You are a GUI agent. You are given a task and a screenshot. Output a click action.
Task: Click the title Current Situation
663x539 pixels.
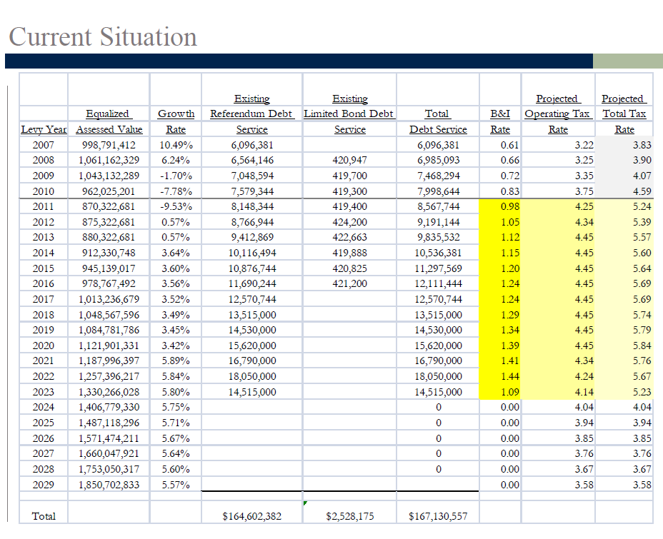[103, 36]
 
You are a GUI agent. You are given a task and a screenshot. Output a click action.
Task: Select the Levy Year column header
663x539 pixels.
[44, 129]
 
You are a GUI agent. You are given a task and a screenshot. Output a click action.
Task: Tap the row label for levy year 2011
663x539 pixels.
[43, 206]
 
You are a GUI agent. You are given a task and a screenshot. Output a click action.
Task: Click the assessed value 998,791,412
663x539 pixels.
[109, 145]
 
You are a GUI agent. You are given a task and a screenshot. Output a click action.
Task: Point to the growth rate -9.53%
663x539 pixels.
[176, 206]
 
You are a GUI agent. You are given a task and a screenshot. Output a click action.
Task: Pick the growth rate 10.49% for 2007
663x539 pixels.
[176, 145]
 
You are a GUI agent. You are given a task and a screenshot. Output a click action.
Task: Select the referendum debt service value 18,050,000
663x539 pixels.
[252, 376]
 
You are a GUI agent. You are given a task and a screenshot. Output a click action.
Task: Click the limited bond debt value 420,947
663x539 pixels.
[349, 160]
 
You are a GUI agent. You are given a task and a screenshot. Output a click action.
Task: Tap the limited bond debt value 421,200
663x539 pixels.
[349, 283]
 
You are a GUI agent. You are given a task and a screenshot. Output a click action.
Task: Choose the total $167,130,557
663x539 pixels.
[438, 516]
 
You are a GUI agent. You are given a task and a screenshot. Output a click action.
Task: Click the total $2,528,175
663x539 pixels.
[349, 516]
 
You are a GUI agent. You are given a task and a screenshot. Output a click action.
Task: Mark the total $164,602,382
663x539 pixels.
[252, 516]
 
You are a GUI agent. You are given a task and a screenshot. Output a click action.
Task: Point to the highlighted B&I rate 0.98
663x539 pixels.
[509, 206]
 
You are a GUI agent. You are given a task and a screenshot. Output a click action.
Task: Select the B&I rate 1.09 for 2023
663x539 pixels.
[509, 392]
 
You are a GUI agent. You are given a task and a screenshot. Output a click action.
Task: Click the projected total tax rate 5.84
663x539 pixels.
[642, 346]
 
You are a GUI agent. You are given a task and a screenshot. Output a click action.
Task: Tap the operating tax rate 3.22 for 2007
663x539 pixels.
[584, 145]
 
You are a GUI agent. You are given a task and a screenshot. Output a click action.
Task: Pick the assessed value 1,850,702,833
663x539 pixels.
[109, 485]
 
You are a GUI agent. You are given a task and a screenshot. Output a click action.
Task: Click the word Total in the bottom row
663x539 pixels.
[44, 516]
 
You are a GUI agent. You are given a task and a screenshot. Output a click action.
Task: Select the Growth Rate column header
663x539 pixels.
[176, 121]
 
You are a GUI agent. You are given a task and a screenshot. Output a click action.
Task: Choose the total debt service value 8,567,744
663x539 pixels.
[438, 206]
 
